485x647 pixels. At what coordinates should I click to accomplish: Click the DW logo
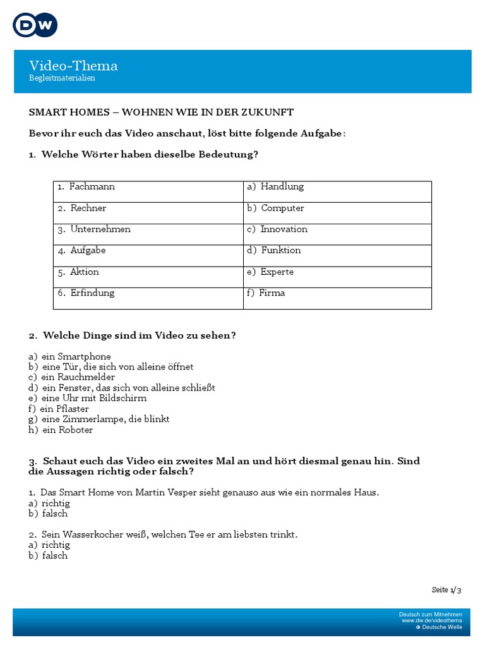click(x=35, y=25)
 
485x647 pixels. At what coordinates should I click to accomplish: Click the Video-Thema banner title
click(x=73, y=66)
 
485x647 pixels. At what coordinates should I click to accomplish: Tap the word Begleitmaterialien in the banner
click(x=62, y=78)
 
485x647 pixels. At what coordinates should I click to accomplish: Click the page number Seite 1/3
click(x=446, y=590)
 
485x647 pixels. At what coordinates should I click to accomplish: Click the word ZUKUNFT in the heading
click(x=270, y=112)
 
